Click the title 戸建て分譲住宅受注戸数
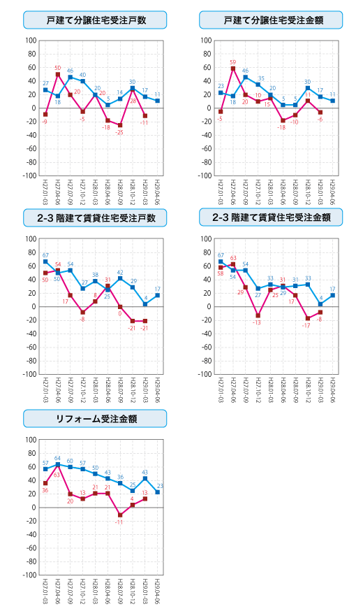[x=95, y=20]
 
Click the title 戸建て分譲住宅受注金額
[x=273, y=20]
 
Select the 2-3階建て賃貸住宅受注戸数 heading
[x=95, y=218]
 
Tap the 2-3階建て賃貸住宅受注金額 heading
[x=273, y=218]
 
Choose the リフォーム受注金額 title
[x=95, y=419]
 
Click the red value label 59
[x=233, y=62]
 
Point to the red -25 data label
[x=119, y=133]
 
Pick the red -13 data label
[x=257, y=322]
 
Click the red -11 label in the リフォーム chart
[x=119, y=522]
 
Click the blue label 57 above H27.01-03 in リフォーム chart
[x=45, y=463]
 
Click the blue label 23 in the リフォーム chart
[x=158, y=486]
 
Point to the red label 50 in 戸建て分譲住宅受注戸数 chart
[x=58, y=68]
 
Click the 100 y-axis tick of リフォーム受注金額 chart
[x=31, y=440]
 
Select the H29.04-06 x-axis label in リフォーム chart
[x=158, y=592]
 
